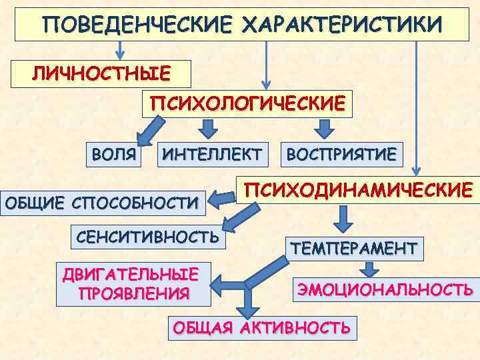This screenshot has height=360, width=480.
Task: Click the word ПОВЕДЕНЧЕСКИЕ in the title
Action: tap(137, 25)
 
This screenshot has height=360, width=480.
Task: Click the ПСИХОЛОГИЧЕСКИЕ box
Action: tap(247, 103)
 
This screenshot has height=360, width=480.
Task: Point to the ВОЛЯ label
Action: tap(114, 155)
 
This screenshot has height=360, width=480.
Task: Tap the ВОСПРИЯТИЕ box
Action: tap(341, 155)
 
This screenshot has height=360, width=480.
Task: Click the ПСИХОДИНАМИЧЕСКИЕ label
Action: tap(359, 189)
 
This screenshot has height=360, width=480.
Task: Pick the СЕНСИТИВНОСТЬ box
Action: tap(148, 236)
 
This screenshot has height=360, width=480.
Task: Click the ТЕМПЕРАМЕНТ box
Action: tap(353, 249)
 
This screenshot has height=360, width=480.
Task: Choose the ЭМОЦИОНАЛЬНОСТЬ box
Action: tap(385, 290)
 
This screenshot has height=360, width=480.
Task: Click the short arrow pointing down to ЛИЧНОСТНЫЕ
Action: tap(120, 50)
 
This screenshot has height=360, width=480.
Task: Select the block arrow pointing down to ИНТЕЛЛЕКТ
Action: tap(209, 127)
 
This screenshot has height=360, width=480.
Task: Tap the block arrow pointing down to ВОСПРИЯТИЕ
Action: tap(325, 127)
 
